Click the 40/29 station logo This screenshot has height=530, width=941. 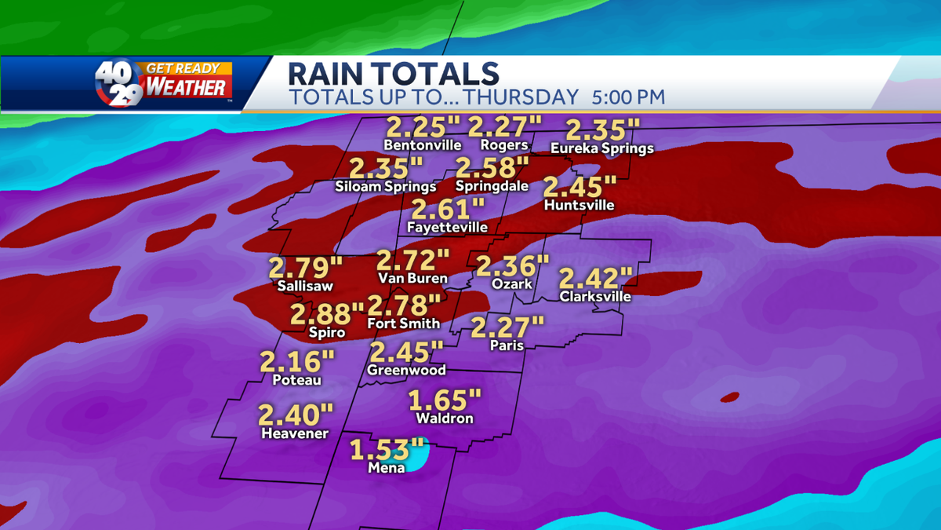coord(119,82)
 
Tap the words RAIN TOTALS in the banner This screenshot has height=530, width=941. coord(393,74)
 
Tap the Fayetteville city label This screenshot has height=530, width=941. coord(447,228)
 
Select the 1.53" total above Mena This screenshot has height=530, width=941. coord(381,450)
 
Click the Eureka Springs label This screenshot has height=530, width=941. coord(601,148)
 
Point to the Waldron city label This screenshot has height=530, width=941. coord(445,419)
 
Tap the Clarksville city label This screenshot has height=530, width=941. coord(595,297)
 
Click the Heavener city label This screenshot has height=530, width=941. coord(295,433)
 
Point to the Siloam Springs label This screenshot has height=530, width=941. coord(385,187)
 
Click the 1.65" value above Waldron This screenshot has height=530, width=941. coord(445,400)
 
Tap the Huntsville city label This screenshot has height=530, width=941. coord(579,206)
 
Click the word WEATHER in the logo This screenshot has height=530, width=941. coord(187,86)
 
